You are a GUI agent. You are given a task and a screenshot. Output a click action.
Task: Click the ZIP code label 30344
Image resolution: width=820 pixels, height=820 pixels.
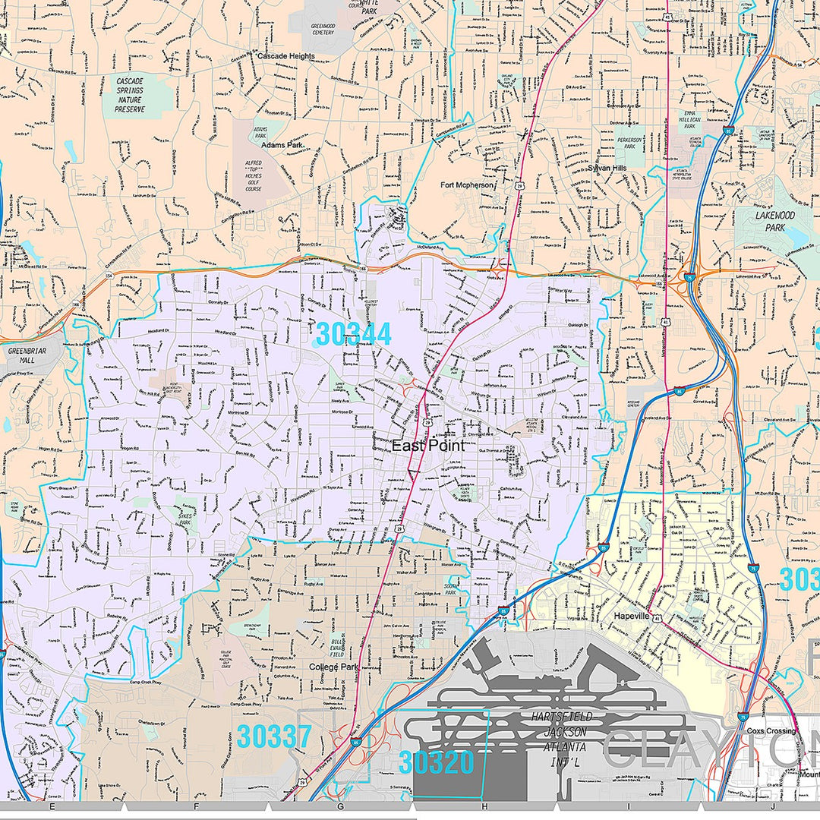(353, 334)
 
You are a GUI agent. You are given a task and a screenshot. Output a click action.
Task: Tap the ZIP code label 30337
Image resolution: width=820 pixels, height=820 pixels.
(273, 736)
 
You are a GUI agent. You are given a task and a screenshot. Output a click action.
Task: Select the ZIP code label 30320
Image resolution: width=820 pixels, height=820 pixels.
(437, 762)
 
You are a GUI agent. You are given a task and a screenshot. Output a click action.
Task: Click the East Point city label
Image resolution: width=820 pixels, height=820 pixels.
(418, 446)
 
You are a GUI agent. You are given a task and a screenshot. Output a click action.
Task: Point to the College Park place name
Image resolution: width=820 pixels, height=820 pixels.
(333, 667)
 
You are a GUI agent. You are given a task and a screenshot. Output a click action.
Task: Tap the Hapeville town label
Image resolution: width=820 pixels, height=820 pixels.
(632, 617)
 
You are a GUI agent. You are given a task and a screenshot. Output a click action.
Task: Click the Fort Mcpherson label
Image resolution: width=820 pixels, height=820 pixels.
(467, 184)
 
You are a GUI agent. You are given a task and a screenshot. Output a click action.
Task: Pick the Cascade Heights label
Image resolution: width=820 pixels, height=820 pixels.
(285, 56)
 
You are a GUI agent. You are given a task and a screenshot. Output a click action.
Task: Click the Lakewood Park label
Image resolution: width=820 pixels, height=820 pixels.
(774, 220)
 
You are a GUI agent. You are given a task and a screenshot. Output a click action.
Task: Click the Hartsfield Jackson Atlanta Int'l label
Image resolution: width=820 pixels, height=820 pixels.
(562, 731)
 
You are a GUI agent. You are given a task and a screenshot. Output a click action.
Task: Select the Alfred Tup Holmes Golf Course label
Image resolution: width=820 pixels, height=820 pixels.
(253, 176)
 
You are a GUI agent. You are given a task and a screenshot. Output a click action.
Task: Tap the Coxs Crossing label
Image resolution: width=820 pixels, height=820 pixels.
(770, 731)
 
